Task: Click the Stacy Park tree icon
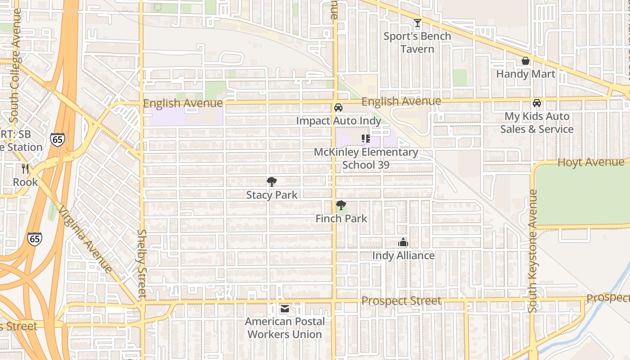pos(271,182)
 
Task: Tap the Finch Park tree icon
pos(341,206)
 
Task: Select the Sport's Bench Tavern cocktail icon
pos(418,23)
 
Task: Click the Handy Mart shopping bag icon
pos(525,61)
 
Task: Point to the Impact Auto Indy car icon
pos(338,108)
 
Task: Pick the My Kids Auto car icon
pos(537,103)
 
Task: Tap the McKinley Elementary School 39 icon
pos(365,139)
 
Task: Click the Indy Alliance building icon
pos(403,243)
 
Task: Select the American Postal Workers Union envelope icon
pos(285,309)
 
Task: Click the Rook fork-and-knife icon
pos(25,169)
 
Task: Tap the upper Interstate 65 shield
pos(58,139)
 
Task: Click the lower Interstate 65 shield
pos(35,238)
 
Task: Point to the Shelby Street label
pos(142,264)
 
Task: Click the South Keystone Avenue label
pos(533,251)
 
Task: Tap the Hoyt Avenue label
pos(591,162)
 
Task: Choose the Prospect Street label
pos(401,301)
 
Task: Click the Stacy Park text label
pos(272,195)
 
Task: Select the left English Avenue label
pos(183,103)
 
